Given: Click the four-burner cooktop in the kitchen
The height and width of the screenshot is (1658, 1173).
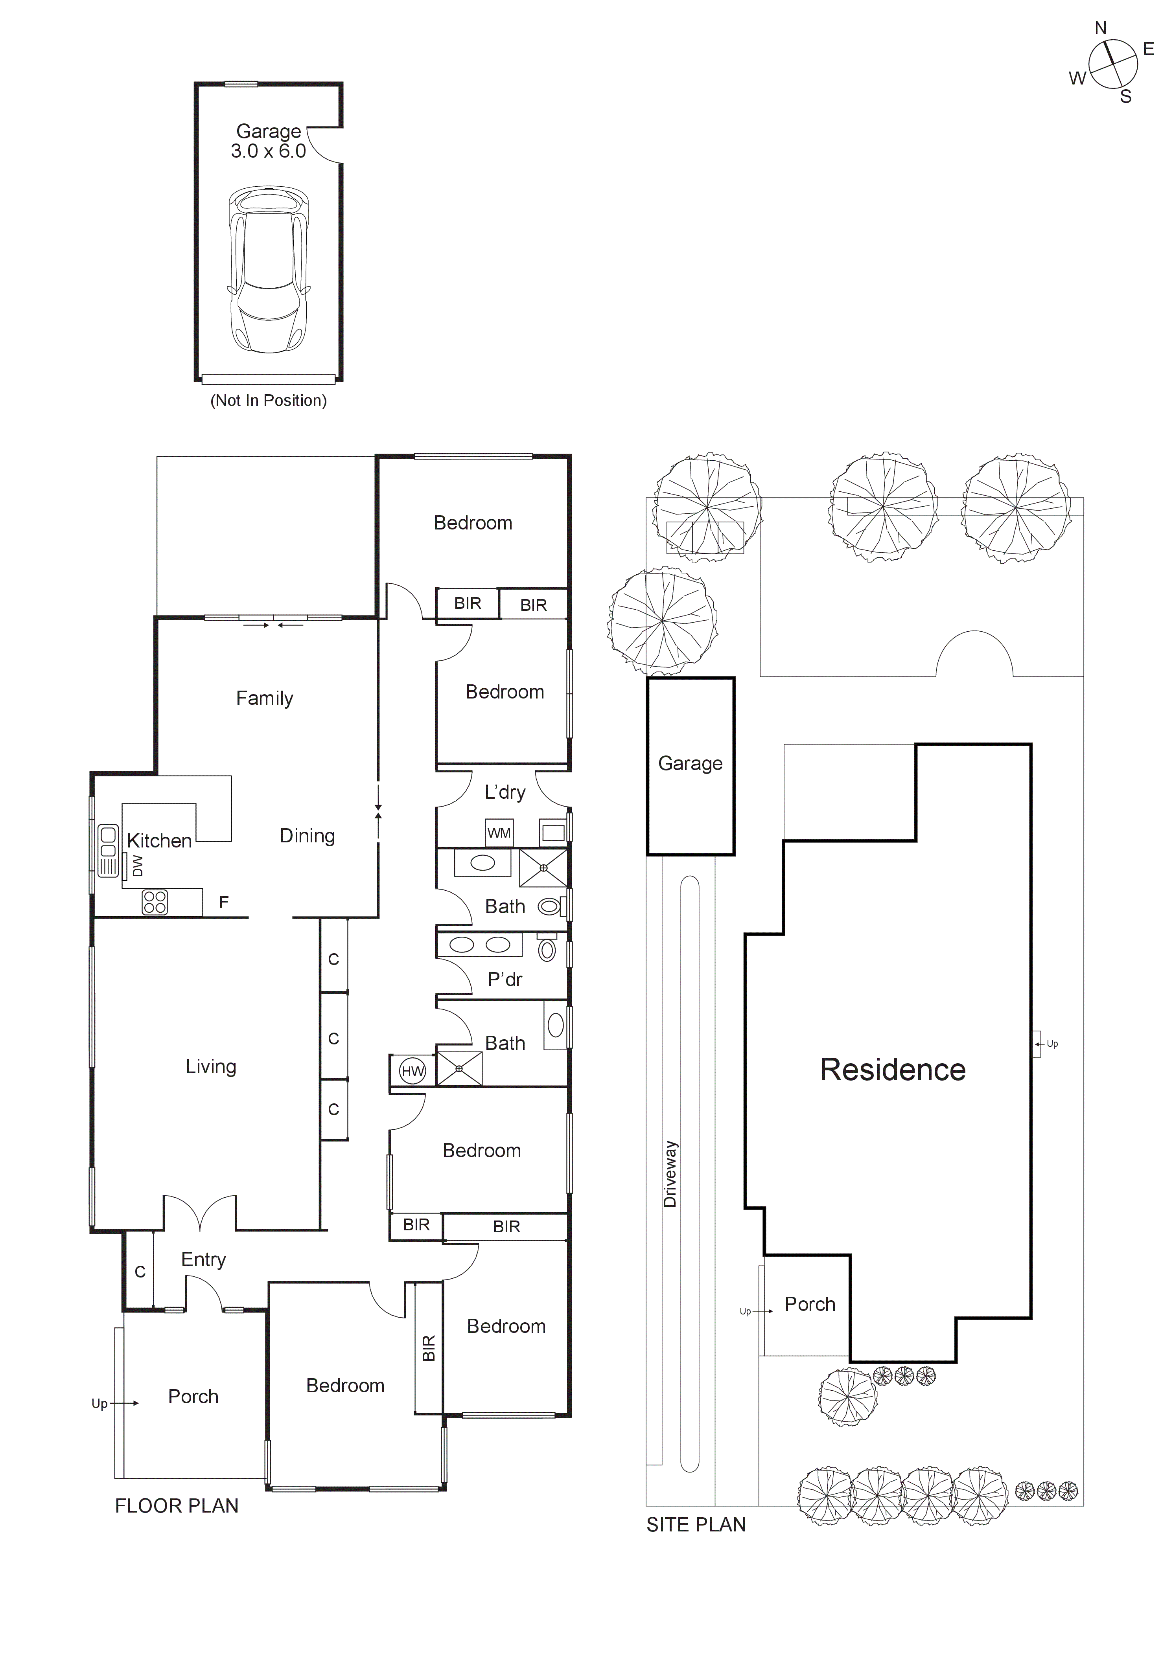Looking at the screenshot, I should (x=155, y=902).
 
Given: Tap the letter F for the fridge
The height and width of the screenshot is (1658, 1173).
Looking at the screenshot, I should (x=224, y=902).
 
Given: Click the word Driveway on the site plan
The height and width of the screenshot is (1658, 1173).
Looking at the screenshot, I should (x=670, y=1174).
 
